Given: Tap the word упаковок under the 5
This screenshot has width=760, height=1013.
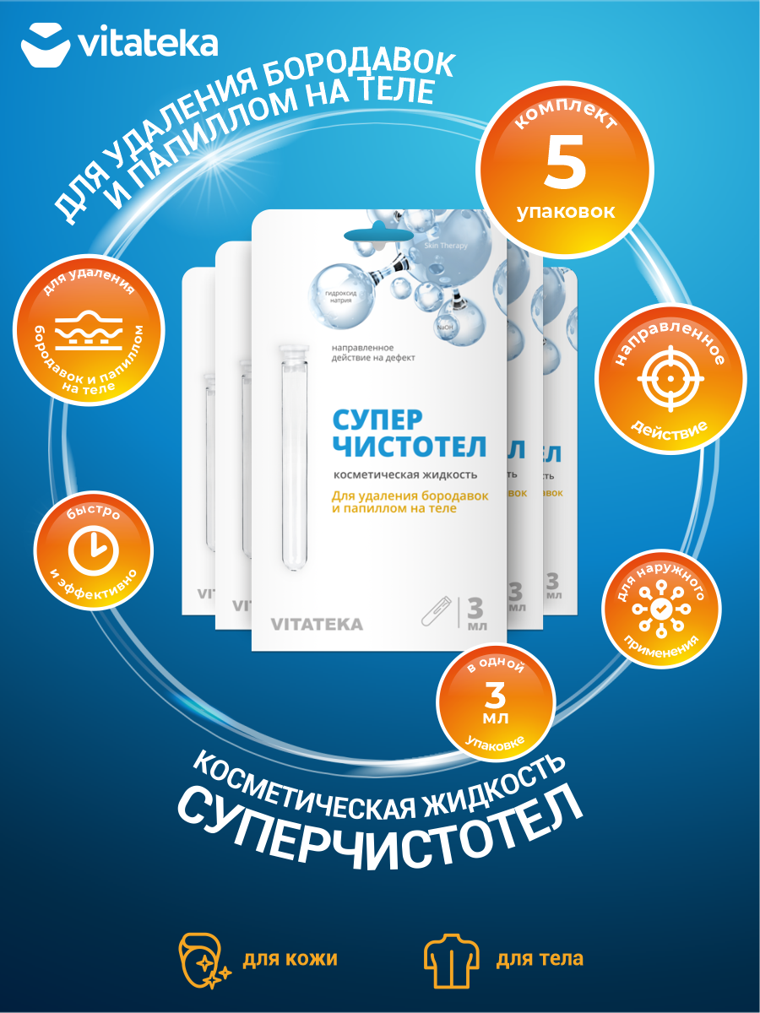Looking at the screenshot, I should click(566, 211).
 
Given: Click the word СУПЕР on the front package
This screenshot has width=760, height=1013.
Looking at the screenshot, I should click(376, 420).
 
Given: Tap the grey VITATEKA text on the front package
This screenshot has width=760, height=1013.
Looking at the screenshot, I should click(317, 625).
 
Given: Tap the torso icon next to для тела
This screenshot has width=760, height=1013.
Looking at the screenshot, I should click(449, 959).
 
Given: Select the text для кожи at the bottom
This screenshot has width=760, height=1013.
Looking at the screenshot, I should click(290, 959).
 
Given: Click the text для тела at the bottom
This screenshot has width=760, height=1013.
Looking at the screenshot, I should click(539, 959).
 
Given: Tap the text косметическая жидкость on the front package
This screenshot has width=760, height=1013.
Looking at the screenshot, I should click(394, 474).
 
